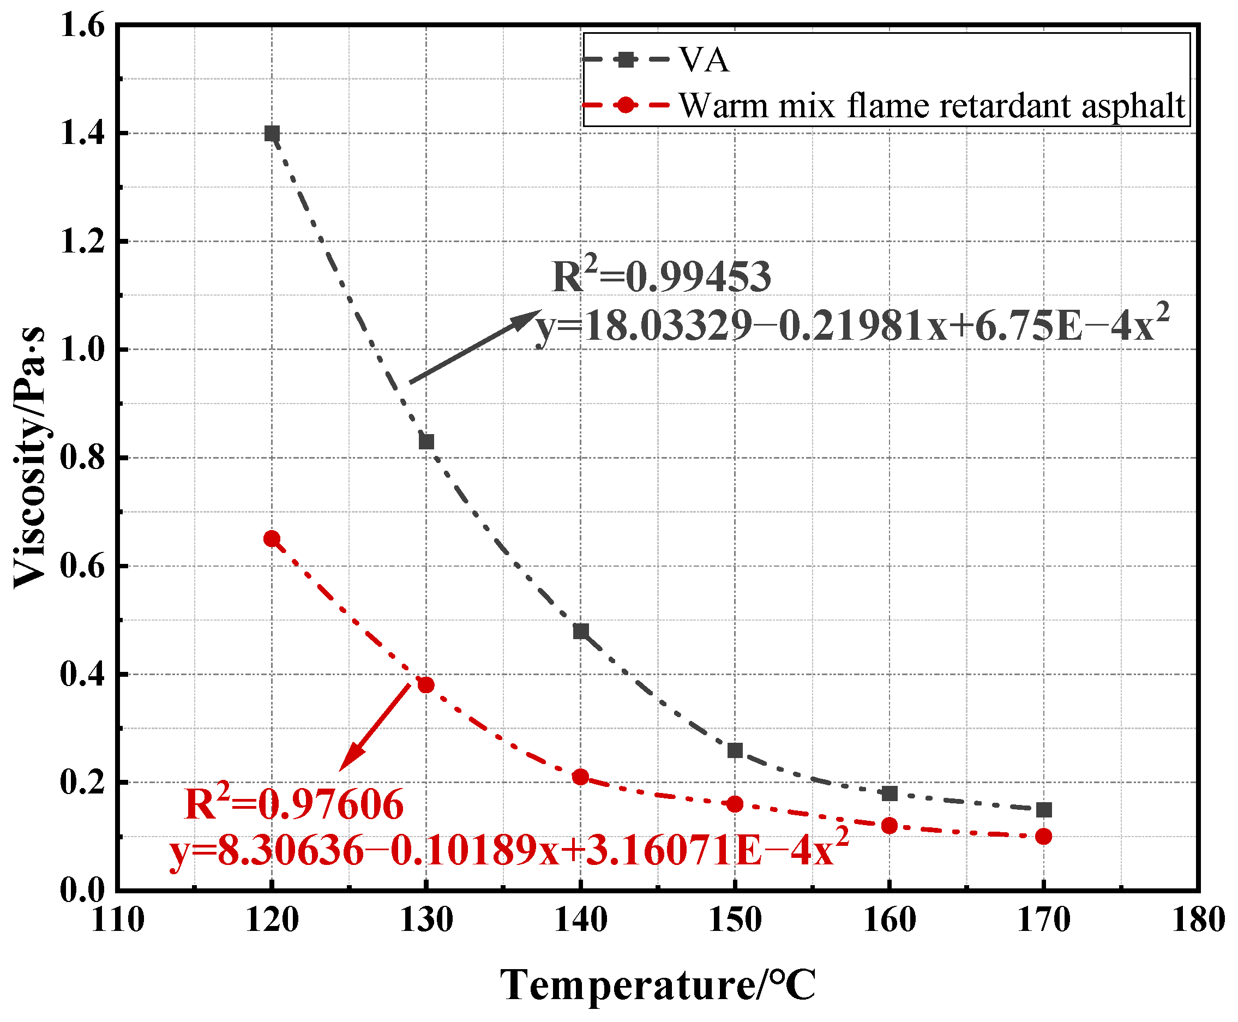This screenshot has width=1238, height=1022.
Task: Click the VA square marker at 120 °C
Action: (x=272, y=134)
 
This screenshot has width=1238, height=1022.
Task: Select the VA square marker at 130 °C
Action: (x=426, y=442)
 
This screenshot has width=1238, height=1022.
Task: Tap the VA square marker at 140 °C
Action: (x=580, y=631)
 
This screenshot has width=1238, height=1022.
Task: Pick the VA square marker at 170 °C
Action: (x=1044, y=810)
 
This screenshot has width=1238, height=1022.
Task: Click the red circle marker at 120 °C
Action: (x=272, y=539)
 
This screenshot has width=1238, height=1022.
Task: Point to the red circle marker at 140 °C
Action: (x=580, y=777)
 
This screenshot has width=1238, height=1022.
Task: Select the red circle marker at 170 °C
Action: (x=1044, y=837)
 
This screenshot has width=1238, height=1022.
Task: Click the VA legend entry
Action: (x=704, y=60)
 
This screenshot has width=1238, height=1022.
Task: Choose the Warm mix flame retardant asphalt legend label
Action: (x=931, y=106)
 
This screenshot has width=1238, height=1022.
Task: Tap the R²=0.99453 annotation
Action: (x=661, y=276)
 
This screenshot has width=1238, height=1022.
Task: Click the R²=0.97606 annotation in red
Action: (x=294, y=804)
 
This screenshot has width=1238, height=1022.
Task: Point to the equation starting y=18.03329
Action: (x=851, y=326)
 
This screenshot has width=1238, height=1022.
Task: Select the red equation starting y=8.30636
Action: (x=509, y=850)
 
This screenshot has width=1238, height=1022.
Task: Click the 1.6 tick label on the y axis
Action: (x=82, y=27)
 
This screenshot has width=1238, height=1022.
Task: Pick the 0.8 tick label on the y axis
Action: (x=82, y=458)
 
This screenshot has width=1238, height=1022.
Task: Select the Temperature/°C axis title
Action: (x=658, y=985)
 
